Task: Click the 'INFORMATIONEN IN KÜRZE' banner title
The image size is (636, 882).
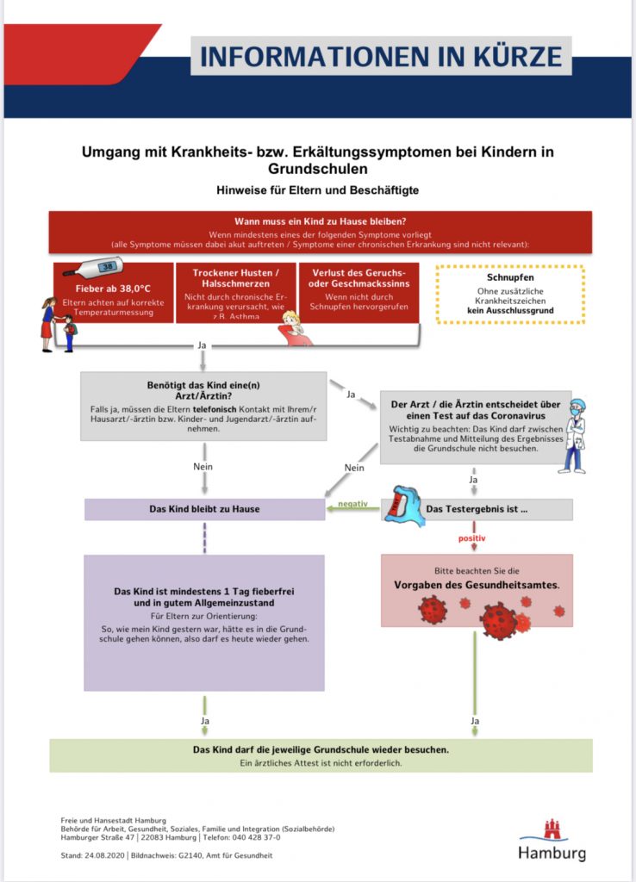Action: pyautogui.click(x=380, y=57)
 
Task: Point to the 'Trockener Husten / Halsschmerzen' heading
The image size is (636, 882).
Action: pyautogui.click(x=235, y=277)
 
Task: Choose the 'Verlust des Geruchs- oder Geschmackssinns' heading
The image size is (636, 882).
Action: pyautogui.click(x=358, y=278)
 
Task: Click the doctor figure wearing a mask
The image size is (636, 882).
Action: pyautogui.click(x=573, y=436)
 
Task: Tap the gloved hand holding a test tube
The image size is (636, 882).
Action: pyautogui.click(x=403, y=506)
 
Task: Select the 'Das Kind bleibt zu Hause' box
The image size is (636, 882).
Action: pyautogui.click(x=204, y=509)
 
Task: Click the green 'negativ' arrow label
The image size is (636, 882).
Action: pyautogui.click(x=353, y=503)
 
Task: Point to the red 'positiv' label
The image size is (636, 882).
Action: pyautogui.click(x=471, y=538)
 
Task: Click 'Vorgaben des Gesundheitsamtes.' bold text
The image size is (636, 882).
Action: pyautogui.click(x=476, y=585)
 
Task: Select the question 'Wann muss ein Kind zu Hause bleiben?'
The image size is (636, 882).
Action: pyautogui.click(x=320, y=221)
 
